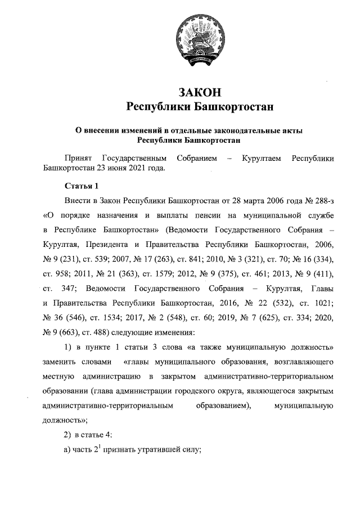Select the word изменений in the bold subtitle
pos(138,130)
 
